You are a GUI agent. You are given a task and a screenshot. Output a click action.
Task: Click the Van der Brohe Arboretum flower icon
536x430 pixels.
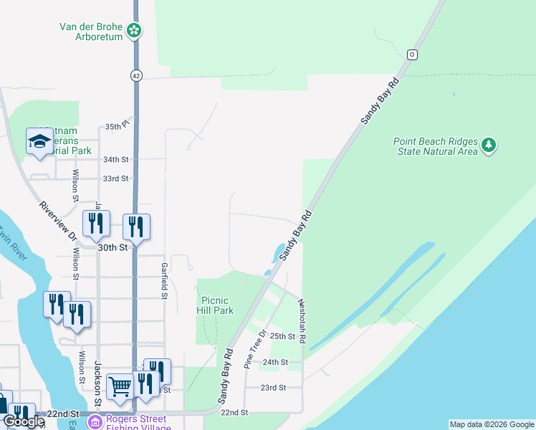[134, 30]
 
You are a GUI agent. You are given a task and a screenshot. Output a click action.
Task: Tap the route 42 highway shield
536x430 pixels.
[136, 75]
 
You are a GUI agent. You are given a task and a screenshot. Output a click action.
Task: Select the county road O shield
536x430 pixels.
[412, 54]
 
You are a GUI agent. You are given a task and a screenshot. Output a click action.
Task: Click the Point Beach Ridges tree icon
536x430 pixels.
[489, 145]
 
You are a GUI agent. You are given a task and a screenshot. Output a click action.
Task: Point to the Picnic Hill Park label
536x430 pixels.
[215, 305]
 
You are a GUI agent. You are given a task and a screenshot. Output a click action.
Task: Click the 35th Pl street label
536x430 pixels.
[115, 126]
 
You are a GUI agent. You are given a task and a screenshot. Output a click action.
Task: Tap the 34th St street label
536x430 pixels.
[115, 159]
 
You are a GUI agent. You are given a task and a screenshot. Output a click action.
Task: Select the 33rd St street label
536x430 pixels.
[115, 178]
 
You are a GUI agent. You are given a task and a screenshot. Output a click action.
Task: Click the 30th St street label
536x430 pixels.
[113, 247]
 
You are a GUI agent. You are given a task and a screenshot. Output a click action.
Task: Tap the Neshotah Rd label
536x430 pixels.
[302, 320]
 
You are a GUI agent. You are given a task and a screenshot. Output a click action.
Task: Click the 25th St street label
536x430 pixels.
[282, 336]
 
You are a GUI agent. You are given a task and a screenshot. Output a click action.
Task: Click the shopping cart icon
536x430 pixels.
[120, 386]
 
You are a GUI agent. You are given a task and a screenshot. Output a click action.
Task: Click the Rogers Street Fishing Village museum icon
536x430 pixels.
[95, 423]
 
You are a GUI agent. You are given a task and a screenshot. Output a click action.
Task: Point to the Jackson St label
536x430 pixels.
[97, 383]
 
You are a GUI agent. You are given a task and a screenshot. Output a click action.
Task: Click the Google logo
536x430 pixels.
[24, 422]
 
